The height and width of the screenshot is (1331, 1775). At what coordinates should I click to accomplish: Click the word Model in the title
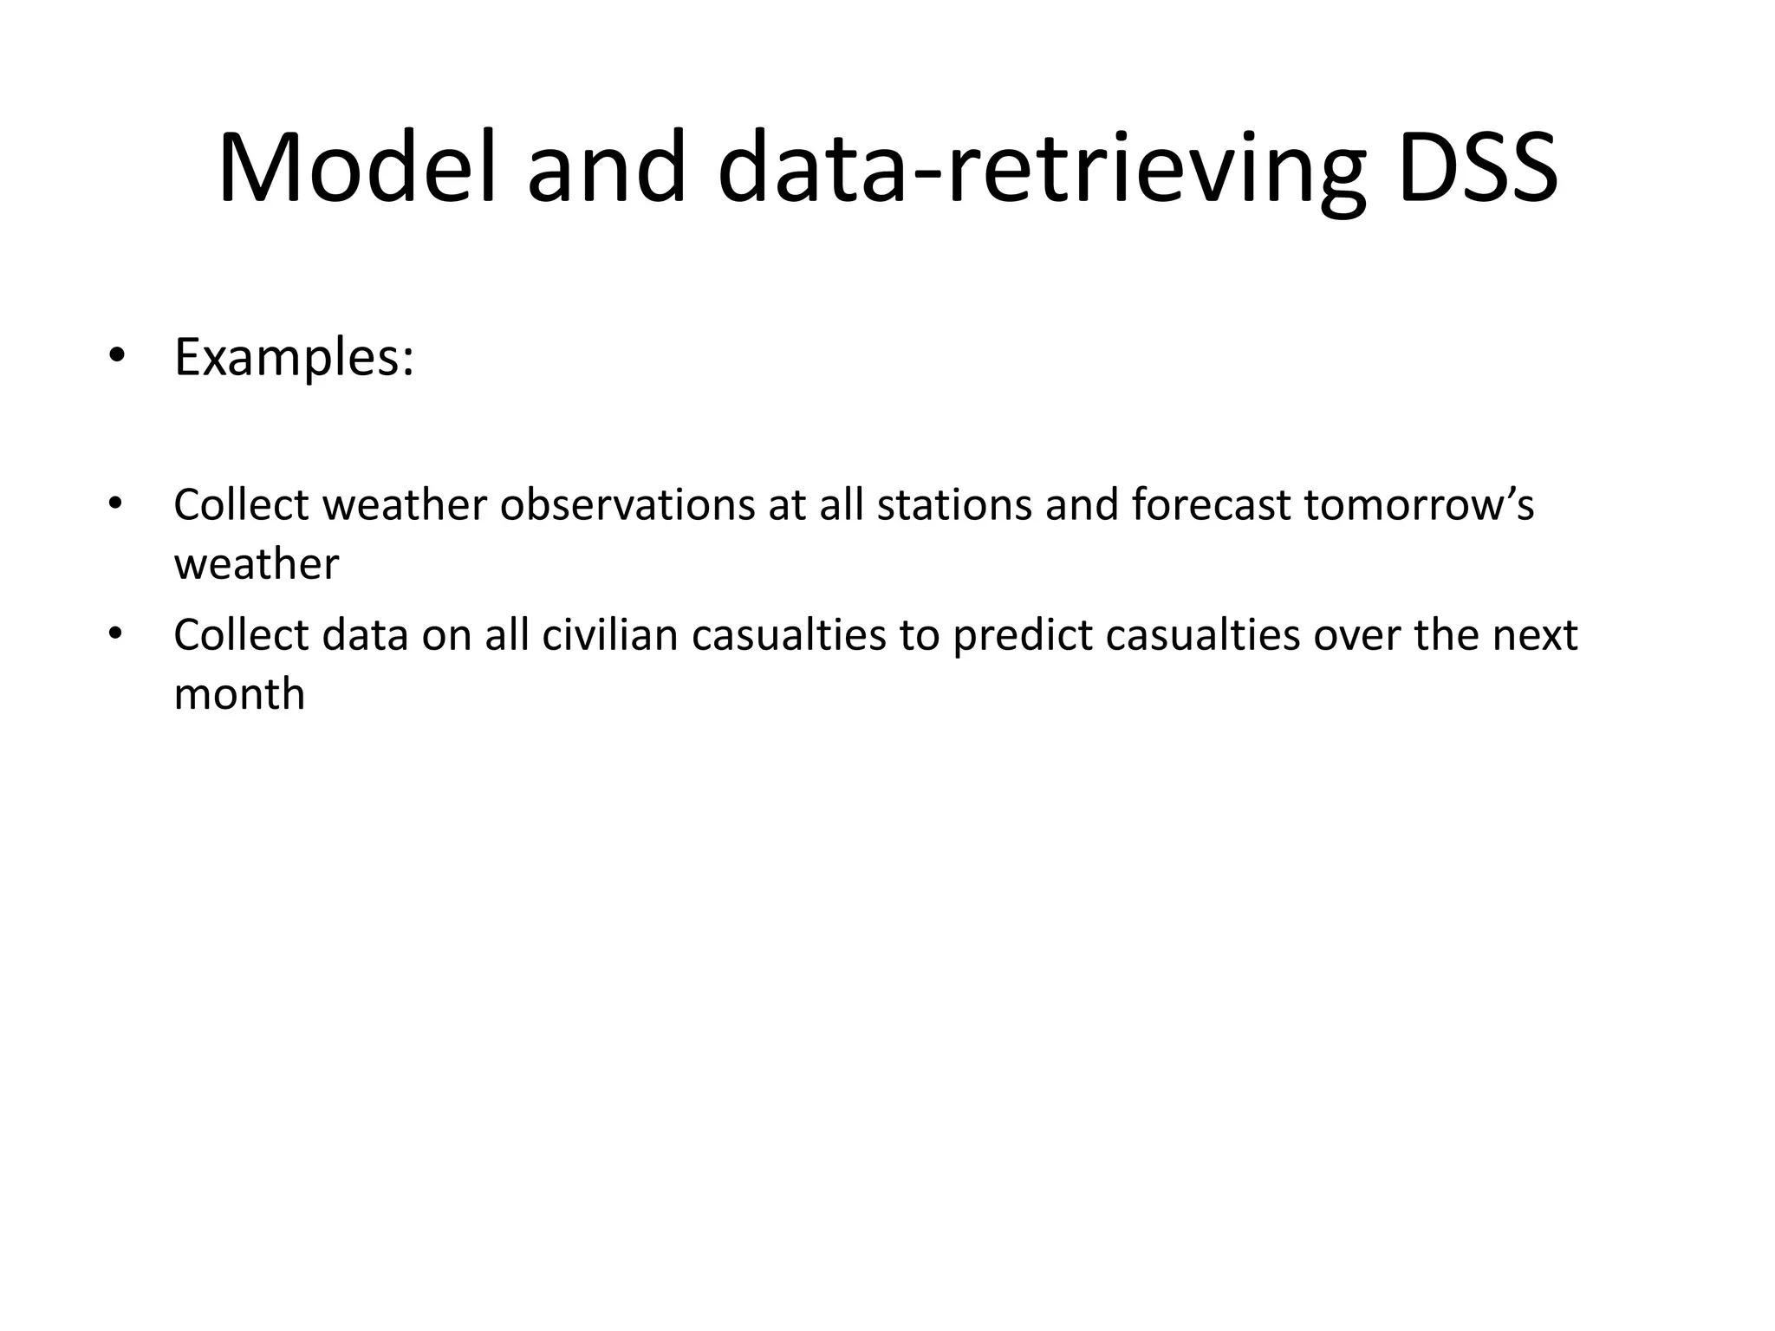coord(357,169)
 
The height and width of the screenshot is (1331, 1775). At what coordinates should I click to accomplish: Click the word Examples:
coord(294,357)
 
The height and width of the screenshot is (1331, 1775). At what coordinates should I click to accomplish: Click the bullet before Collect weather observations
coord(116,503)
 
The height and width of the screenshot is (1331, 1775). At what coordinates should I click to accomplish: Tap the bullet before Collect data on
coord(116,633)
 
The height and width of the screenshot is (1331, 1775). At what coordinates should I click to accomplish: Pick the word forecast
coord(1211,505)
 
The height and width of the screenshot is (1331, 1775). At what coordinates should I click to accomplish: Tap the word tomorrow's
coord(1419,505)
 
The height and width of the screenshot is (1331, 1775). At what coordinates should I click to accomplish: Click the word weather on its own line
coord(256,565)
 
